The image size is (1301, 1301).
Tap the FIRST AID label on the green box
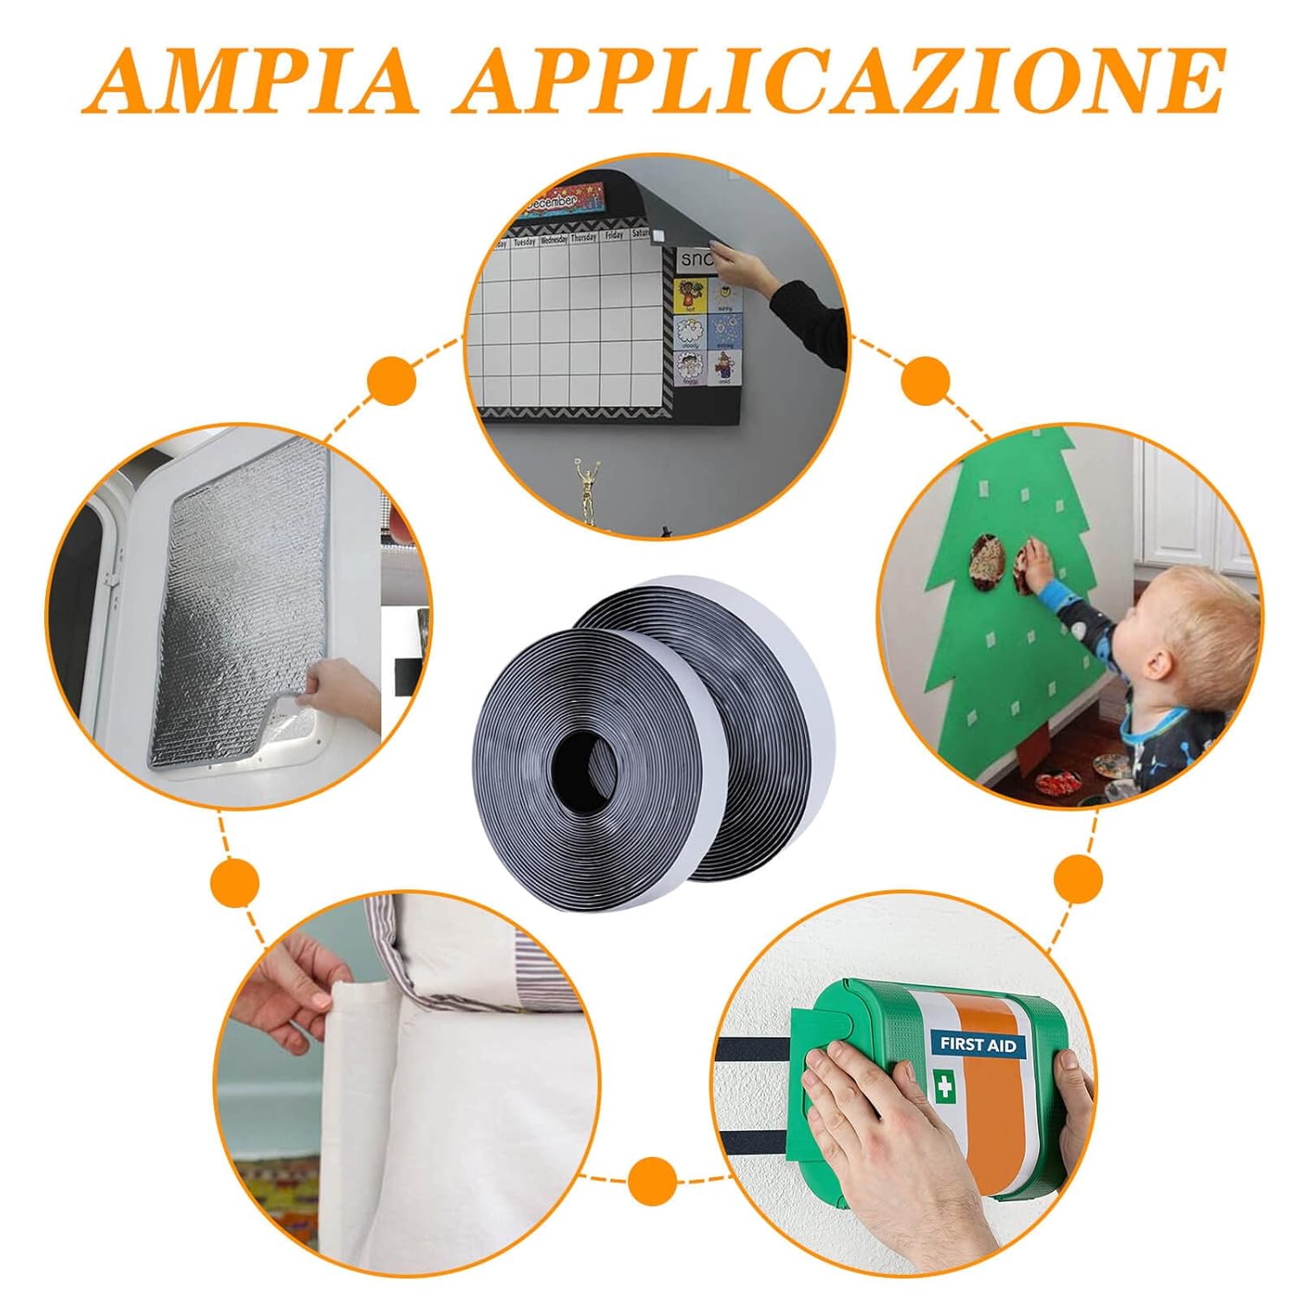pyautogui.click(x=977, y=1044)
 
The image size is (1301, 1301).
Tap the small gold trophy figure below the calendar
pyautogui.click(x=591, y=490)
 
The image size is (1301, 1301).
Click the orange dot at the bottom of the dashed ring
pyautogui.click(x=651, y=1182)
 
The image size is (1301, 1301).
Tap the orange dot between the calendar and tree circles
pyautogui.click(x=925, y=382)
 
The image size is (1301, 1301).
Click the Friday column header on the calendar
pyautogui.click(x=614, y=235)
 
